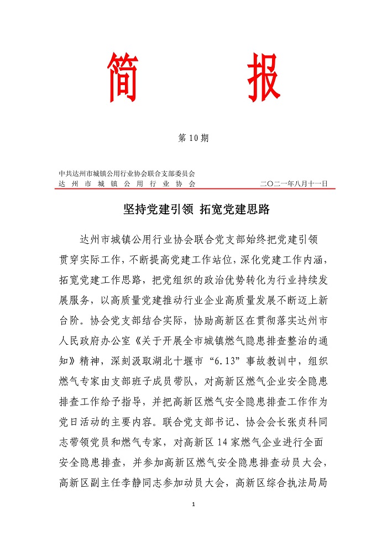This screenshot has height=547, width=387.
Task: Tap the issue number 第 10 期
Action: click(x=193, y=139)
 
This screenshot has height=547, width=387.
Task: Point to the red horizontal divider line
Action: click(x=193, y=188)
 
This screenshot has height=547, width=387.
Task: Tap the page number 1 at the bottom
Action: click(x=193, y=504)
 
